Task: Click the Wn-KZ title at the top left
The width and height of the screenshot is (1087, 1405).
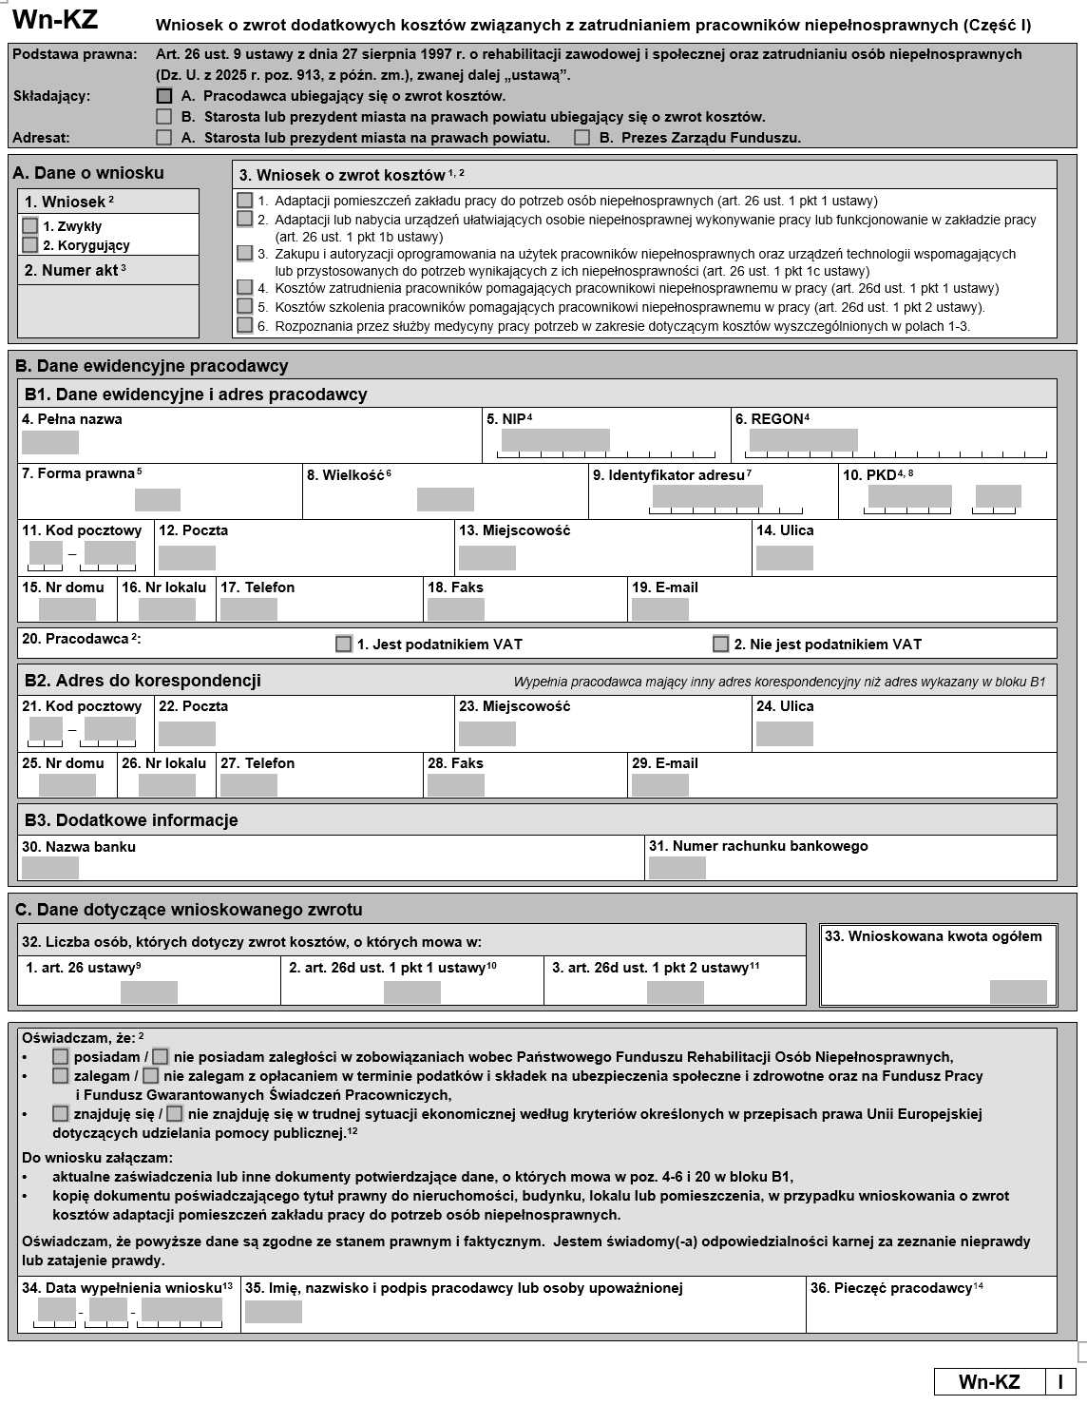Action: (x=54, y=20)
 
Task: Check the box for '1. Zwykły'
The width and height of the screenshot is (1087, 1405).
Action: (x=30, y=226)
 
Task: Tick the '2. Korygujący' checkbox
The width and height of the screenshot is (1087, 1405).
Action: (x=30, y=245)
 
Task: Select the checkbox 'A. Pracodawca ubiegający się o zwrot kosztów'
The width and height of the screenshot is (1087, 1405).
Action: (x=164, y=96)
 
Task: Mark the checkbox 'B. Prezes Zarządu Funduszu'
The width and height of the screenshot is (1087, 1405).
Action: (x=582, y=138)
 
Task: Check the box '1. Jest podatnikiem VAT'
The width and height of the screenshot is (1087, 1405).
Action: (x=344, y=645)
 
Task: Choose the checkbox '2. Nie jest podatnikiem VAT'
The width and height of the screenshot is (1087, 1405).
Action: (x=721, y=645)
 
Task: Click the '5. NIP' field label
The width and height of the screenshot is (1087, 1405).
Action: (x=508, y=419)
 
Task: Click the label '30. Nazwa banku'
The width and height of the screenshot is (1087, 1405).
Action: (x=79, y=847)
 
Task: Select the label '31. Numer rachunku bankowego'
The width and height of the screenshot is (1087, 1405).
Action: (x=758, y=846)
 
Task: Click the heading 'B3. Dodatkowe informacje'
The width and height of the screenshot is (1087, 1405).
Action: (x=131, y=820)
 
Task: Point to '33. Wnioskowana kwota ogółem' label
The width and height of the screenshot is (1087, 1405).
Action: (x=933, y=936)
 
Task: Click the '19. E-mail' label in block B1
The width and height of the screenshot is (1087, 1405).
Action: (x=665, y=587)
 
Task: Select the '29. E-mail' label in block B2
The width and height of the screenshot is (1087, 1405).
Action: (x=665, y=763)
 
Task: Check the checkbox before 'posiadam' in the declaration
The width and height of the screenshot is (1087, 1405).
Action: (x=61, y=1057)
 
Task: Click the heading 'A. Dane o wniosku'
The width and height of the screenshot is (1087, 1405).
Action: (x=88, y=173)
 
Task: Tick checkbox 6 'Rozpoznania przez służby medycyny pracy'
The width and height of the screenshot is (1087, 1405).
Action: (x=245, y=325)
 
